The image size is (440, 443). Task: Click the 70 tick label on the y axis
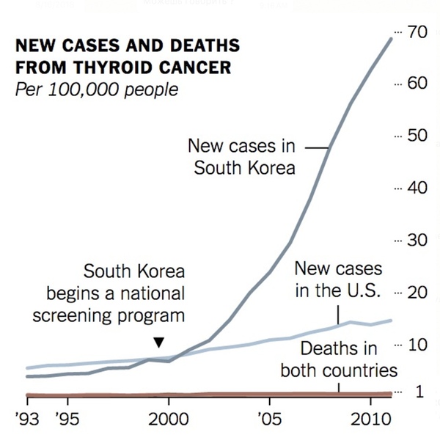click(x=416, y=32)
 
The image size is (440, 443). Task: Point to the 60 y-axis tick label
click(x=416, y=83)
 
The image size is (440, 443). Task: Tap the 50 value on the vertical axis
click(x=416, y=136)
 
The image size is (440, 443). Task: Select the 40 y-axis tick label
click(x=416, y=188)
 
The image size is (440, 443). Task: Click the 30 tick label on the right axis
click(x=416, y=240)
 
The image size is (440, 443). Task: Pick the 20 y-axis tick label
click(x=416, y=293)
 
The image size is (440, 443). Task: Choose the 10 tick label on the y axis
click(x=416, y=345)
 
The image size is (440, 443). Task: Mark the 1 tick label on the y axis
click(x=419, y=392)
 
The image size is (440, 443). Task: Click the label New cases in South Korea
click(x=244, y=156)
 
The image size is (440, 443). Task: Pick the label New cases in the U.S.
click(x=338, y=279)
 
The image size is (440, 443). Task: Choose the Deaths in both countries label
click(x=338, y=359)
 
